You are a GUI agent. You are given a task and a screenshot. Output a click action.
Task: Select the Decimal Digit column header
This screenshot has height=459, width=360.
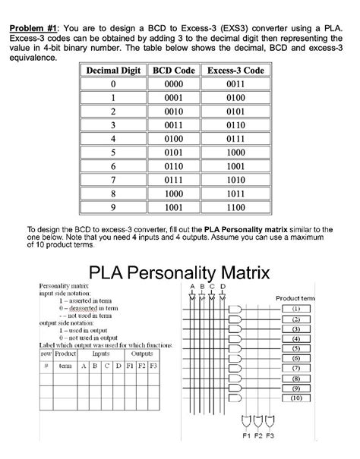[112, 71]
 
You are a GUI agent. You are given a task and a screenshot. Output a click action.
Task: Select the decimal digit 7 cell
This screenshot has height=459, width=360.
[112, 180]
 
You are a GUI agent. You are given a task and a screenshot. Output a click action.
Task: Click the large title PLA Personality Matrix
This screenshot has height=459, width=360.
[181, 273]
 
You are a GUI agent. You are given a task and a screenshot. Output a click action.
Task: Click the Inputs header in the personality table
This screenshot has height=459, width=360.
[99, 353]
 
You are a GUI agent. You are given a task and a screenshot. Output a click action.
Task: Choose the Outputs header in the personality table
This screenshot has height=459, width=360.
[142, 353]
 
